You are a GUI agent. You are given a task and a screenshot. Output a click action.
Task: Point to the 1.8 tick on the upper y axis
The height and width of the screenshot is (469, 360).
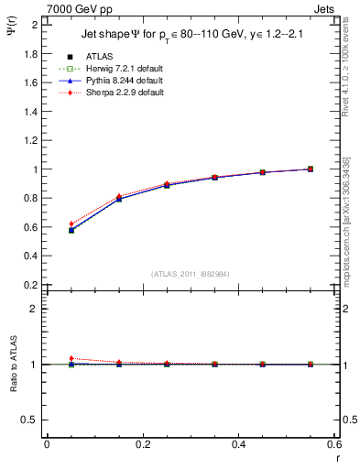pyautogui.click(x=30, y=54)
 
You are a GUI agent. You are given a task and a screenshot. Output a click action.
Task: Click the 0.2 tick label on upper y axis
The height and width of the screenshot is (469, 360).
pyautogui.click(x=30, y=285)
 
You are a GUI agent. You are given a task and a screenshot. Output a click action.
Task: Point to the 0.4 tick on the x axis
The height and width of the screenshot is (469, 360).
pyautogui.click(x=239, y=445)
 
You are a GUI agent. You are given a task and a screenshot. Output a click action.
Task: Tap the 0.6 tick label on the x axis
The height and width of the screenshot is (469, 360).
pyautogui.click(x=333, y=445)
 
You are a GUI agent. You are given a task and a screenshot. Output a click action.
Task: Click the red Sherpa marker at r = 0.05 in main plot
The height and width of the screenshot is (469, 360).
pyautogui.click(x=71, y=224)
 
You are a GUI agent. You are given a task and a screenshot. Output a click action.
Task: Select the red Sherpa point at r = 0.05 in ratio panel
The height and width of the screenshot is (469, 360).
pyautogui.click(x=71, y=358)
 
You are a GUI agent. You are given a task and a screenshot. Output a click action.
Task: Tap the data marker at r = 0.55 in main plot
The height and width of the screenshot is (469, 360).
pyautogui.click(x=311, y=169)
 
